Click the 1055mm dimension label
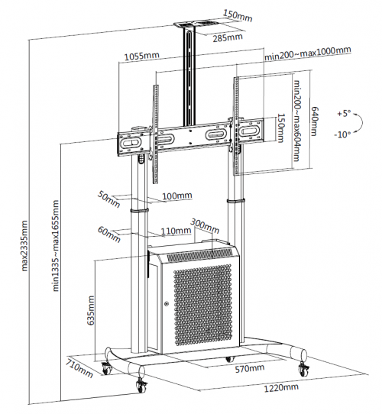(142, 56)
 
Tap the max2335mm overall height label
(24, 246)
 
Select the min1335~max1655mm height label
(56, 245)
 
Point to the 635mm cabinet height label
(91, 310)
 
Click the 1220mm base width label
(281, 387)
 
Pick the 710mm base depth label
(79, 368)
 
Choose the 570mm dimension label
(250, 368)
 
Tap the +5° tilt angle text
(344, 114)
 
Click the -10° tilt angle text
(342, 134)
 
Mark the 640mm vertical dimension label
(314, 121)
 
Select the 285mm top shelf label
(228, 37)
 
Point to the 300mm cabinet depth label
(205, 226)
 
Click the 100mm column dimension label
(177, 196)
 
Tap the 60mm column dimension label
(109, 234)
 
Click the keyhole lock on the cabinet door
(167, 304)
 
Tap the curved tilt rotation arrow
(359, 122)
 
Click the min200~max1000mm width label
(308, 53)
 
